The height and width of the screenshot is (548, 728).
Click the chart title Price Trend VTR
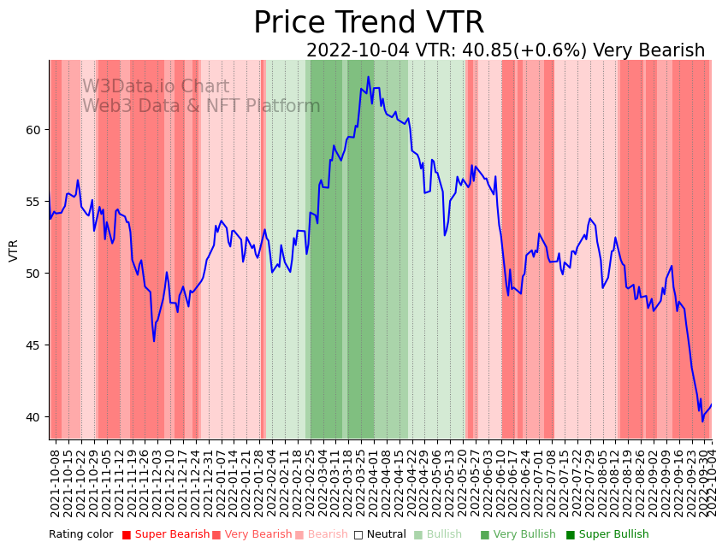click(369, 23)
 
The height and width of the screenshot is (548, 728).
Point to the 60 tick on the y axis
click(33, 130)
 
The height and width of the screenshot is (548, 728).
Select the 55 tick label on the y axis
click(33, 202)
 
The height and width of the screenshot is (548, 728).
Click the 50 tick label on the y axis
click(33, 274)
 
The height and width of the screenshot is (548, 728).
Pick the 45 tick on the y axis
click(33, 345)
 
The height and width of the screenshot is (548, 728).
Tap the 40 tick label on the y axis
click(33, 417)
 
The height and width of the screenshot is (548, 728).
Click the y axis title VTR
click(14, 250)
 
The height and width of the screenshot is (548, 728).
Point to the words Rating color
click(80, 535)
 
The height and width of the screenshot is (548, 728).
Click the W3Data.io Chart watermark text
click(156, 87)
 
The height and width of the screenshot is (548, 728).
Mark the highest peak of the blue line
click(369, 77)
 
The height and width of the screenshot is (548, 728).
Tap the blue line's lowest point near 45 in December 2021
click(154, 341)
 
